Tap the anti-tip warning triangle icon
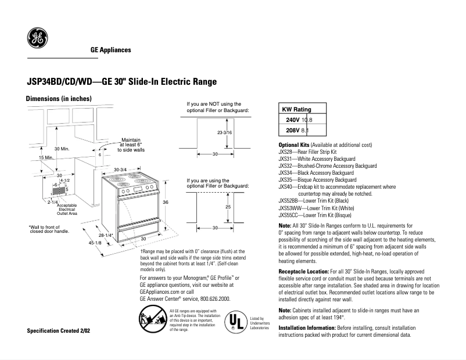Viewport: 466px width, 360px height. coord(152,319)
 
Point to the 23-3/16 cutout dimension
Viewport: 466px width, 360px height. coord(224,133)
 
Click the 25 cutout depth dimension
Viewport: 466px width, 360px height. coord(228,206)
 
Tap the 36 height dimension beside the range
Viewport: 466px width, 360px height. coord(165,202)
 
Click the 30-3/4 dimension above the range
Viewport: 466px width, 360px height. coord(121,170)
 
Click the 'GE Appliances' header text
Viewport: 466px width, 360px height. coord(110,50)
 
